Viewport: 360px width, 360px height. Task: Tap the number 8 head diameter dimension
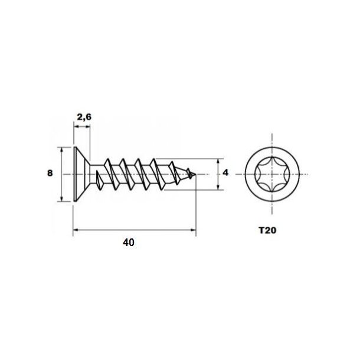pos(50,174)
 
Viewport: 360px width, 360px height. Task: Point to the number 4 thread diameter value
pos(227,174)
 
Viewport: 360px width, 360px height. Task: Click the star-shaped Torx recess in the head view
pos(273,174)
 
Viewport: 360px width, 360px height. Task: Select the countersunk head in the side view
pos(80,174)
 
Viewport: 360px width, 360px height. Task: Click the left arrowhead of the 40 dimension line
pos(75,230)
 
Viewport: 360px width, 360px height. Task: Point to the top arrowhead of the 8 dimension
pos(62,149)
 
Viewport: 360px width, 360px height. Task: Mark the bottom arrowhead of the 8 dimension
pos(62,199)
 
